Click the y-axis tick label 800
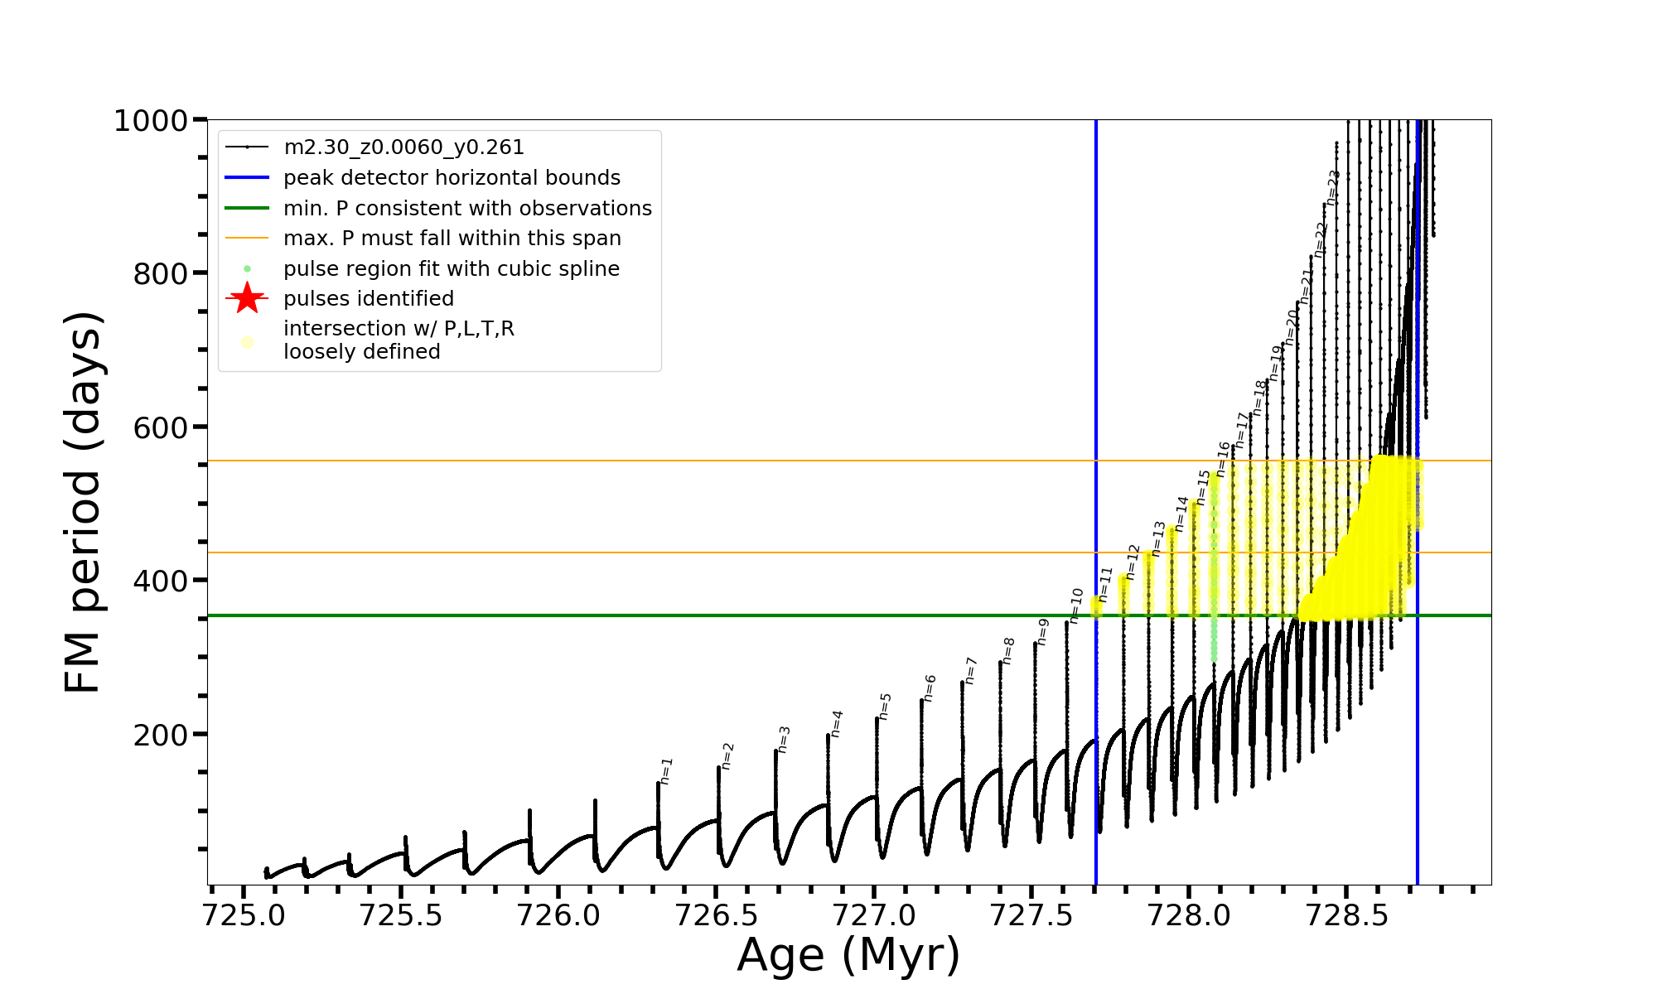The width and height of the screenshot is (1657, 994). point(160,273)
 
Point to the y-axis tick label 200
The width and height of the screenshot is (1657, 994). point(160,735)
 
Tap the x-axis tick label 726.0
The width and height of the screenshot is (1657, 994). point(558,915)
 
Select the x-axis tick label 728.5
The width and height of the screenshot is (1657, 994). point(1346,915)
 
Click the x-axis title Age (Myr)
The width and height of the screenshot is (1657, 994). point(848,955)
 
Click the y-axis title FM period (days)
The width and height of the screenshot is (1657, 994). point(83,502)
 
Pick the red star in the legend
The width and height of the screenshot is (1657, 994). point(247,298)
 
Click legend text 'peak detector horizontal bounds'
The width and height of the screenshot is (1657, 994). point(452,178)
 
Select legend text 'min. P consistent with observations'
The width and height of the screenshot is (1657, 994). point(467,208)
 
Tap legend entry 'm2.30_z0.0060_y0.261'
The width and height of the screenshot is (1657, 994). point(403,147)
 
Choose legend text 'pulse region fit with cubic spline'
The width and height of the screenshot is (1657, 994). point(451,269)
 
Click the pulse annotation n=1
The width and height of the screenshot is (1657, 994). point(666,770)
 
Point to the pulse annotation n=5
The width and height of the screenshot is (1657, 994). point(885,707)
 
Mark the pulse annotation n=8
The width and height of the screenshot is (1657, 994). point(1008,650)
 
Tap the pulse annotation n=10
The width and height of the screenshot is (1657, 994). point(1076,606)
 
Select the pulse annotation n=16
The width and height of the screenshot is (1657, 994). point(1224,458)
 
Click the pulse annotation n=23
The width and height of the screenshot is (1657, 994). point(1332,187)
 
